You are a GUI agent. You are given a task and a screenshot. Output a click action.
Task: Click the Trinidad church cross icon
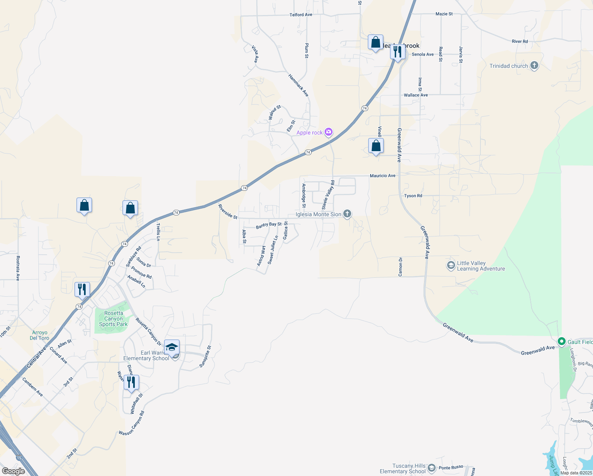point(534,66)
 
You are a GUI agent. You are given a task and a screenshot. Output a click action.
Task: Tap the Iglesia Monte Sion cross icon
point(347,214)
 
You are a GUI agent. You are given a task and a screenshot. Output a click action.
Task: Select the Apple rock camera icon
point(328,132)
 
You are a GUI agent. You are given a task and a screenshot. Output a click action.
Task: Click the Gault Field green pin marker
point(561,342)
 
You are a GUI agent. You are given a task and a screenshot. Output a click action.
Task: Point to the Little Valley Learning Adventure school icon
point(451,265)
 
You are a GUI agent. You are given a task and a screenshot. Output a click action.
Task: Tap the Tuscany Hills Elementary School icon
point(432,468)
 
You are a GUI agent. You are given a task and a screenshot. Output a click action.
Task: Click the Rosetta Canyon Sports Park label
point(113,319)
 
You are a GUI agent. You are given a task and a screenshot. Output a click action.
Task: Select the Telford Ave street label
point(301,15)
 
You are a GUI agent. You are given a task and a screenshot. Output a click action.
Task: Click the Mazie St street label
point(444,14)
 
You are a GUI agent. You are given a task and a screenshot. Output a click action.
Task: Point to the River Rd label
point(520,41)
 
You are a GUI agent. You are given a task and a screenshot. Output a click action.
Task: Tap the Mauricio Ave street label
point(383,175)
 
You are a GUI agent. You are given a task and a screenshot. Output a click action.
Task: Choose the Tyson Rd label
point(413,196)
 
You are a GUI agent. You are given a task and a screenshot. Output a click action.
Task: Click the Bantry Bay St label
point(269,225)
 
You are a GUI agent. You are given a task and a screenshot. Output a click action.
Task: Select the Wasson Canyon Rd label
point(132,423)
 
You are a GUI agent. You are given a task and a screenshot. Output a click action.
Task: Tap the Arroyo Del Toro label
point(40,335)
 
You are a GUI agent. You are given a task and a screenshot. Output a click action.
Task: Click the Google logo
point(13,471)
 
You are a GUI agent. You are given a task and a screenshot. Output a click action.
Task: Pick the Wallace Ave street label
point(416,95)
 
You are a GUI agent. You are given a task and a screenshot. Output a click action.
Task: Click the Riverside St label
point(228,211)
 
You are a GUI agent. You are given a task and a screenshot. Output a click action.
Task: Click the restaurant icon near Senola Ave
point(398,52)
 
